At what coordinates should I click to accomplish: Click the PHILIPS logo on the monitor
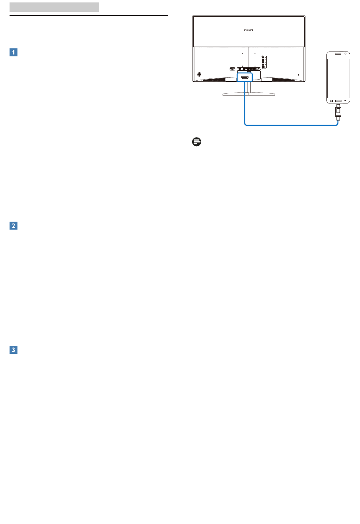point(249,30)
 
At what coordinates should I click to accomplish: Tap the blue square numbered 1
point(13,52)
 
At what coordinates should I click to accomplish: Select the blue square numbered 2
point(13,225)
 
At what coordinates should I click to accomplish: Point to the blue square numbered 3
point(13,350)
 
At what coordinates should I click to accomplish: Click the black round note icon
point(197,142)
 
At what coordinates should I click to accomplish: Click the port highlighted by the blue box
point(245,77)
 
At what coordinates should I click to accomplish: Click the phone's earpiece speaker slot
point(338,54)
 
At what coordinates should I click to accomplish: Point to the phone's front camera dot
point(346,53)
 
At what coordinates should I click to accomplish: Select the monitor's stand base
point(249,94)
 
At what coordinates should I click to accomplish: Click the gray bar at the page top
point(54,7)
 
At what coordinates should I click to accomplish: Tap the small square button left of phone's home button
point(331,101)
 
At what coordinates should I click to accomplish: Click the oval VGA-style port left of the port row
point(232,69)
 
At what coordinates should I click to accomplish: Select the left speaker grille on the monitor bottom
point(214,80)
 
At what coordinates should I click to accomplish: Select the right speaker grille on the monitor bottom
point(283,80)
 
